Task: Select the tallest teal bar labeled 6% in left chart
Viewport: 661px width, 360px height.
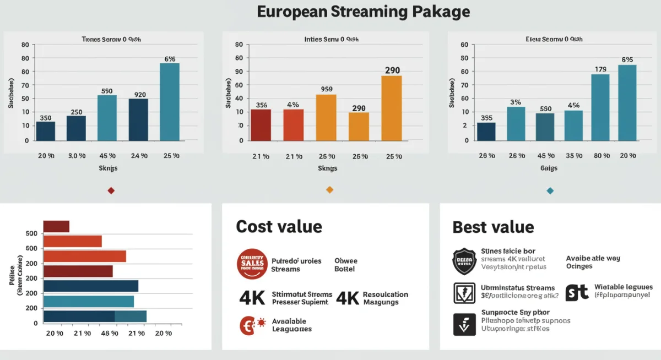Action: pos(170,101)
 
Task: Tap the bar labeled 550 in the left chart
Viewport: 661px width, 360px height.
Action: pos(107,117)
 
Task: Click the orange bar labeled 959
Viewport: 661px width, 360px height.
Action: pos(326,117)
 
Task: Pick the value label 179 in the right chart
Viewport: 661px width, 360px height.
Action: pos(600,69)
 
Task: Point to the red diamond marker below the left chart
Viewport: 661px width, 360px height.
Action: pos(111,190)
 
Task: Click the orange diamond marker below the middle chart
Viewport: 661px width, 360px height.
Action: pos(330,190)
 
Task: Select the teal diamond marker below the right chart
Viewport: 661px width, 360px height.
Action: pos(549,190)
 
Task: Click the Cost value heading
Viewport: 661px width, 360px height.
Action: pos(279,226)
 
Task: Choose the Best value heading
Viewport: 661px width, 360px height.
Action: pos(493,227)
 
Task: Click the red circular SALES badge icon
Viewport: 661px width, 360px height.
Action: pos(252,264)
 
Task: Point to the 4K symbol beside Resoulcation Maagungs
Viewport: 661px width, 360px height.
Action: pos(348,298)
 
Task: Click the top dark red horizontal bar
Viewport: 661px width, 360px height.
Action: pos(56,226)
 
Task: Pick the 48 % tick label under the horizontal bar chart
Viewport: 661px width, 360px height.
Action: pos(110,333)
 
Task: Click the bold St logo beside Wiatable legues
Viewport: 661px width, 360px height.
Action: pos(577,292)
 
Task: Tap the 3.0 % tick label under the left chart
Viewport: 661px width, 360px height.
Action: pos(77,156)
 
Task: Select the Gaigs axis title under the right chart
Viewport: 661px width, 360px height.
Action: pos(549,168)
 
